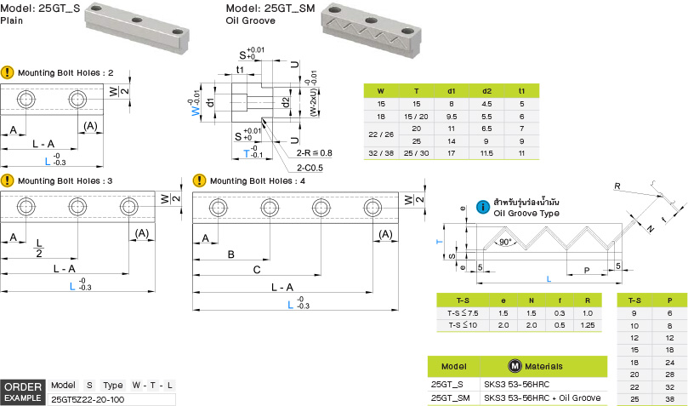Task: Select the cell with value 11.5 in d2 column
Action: (486, 152)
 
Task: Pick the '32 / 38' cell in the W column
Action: (380, 152)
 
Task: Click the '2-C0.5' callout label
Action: (310, 167)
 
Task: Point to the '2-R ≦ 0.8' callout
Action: (315, 152)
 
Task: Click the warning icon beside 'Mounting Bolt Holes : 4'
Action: (199, 180)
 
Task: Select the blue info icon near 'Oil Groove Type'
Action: (483, 206)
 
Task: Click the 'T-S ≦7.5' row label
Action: (463, 312)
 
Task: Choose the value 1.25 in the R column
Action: (587, 324)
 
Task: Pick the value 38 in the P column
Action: (670, 397)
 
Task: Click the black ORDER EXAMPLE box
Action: (23, 392)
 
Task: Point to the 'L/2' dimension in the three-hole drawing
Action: (39, 248)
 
